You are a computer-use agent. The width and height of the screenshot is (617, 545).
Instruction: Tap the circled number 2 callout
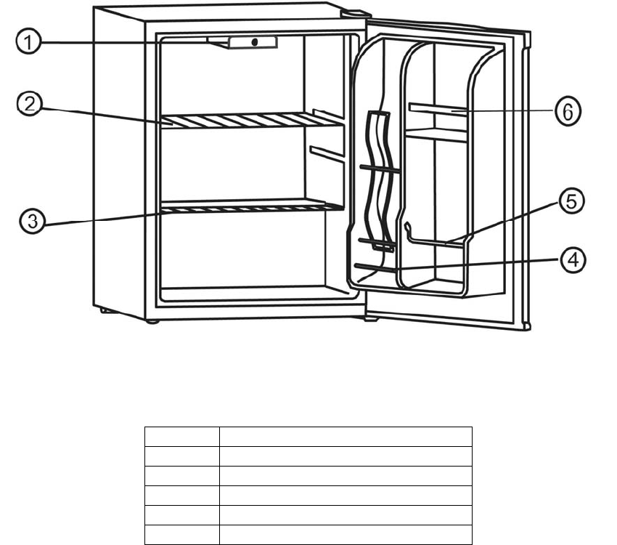(28, 105)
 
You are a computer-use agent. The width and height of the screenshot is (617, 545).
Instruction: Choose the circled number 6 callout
(568, 111)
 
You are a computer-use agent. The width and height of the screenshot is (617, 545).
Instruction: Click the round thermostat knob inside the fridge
(254, 43)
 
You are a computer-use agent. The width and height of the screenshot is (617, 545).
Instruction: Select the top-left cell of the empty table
(181, 436)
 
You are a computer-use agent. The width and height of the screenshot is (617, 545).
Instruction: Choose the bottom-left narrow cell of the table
(181, 534)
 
